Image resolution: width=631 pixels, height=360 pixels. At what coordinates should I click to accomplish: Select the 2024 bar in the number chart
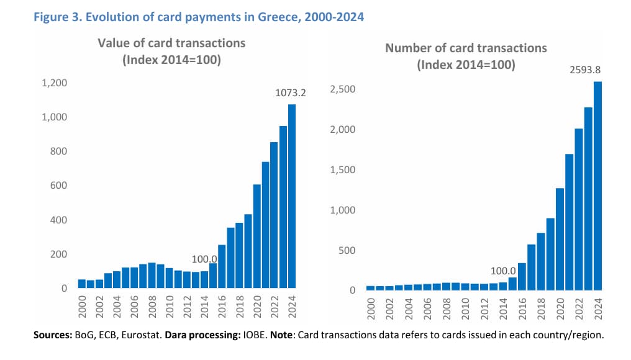coord(598,186)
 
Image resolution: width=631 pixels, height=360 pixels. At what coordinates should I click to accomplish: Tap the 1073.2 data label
coord(291,93)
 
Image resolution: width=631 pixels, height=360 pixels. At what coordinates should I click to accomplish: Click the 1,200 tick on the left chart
coord(55,83)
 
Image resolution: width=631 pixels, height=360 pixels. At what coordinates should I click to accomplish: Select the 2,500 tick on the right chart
coord(343,89)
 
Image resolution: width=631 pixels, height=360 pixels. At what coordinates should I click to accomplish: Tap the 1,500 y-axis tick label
coord(343,170)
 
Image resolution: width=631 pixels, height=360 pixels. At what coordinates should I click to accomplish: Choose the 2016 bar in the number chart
coord(522,276)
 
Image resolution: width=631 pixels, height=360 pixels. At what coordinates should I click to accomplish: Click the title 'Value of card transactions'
coord(171,43)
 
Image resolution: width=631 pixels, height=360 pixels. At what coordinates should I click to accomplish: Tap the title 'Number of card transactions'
coord(466,48)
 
